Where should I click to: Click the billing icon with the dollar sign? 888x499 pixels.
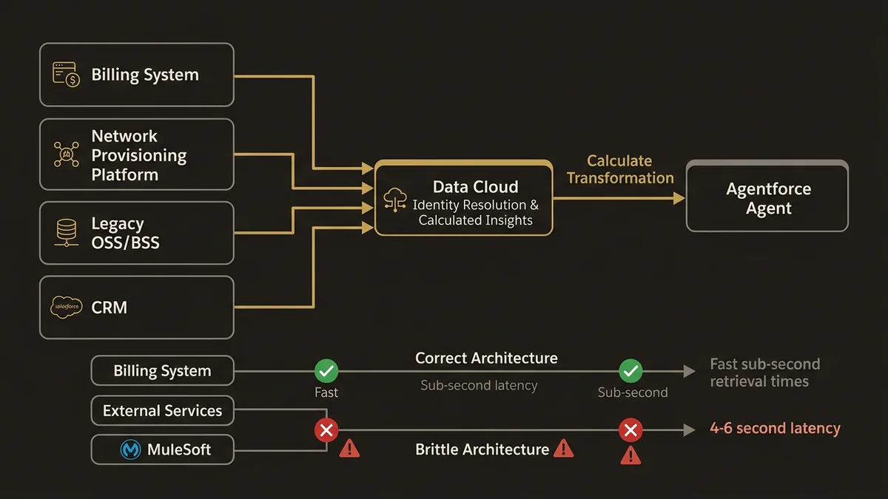[66, 75]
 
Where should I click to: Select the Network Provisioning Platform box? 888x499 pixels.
[137, 155]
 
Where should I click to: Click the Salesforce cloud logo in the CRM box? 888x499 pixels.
[66, 307]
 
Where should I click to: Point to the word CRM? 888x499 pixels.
[110, 308]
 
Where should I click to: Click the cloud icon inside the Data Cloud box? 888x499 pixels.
[396, 200]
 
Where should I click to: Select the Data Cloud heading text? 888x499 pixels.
[475, 187]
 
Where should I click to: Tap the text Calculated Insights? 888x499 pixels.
[475, 220]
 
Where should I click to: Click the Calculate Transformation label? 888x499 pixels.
[620, 169]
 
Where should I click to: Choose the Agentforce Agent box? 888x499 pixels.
[767, 198]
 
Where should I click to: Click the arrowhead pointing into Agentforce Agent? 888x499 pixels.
[678, 198]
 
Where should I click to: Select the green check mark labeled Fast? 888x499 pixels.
[326, 370]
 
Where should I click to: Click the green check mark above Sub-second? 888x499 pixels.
[630, 370]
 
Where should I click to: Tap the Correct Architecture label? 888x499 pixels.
[486, 359]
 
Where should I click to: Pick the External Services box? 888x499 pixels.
[162, 411]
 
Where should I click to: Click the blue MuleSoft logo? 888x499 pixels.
[131, 449]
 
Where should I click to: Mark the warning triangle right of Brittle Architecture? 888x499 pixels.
[564, 448]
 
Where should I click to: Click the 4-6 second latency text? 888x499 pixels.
[775, 429]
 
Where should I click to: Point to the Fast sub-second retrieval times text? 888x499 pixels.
[764, 373]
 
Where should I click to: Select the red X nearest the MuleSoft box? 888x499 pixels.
[326, 430]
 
